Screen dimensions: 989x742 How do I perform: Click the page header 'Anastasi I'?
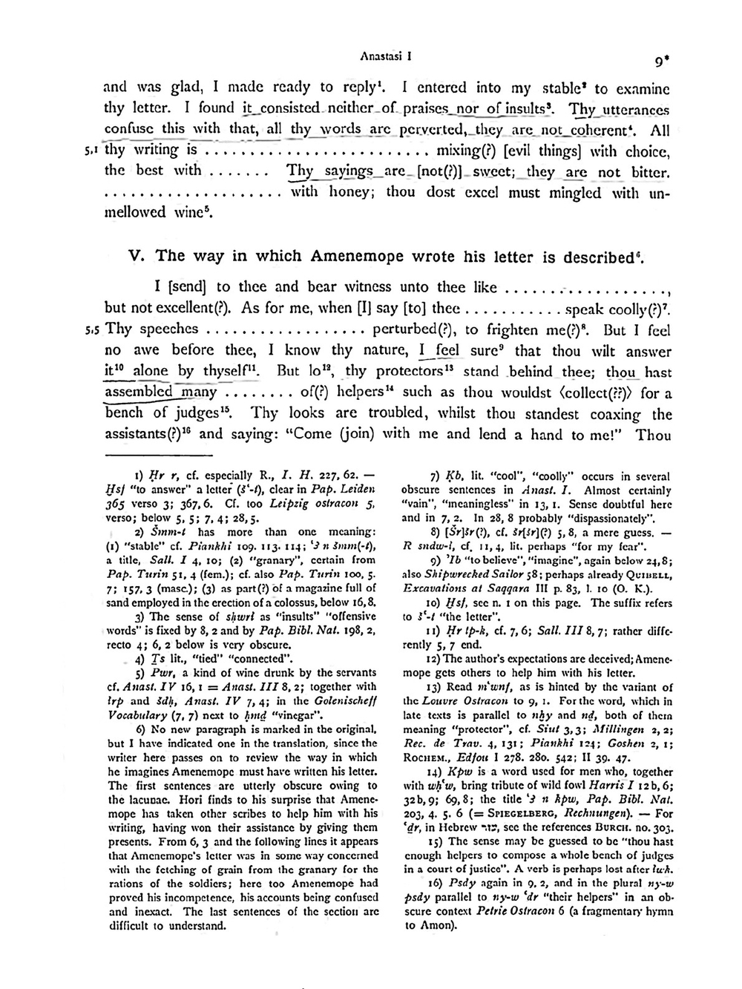(386, 54)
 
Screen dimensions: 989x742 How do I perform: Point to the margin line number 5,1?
(92, 150)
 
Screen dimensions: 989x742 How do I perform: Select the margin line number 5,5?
(93, 329)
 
